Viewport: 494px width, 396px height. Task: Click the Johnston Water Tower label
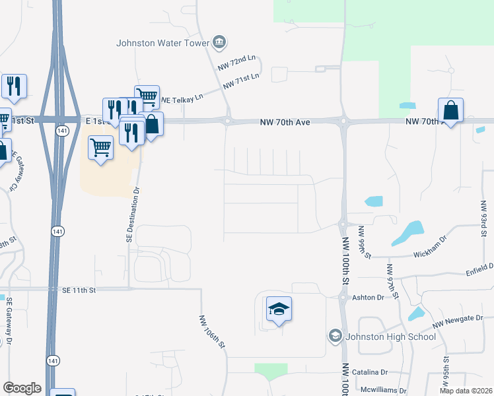point(162,44)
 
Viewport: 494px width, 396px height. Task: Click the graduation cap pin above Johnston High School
point(279,310)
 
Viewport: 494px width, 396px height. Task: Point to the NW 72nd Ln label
point(236,64)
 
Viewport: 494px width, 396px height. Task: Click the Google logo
point(22,388)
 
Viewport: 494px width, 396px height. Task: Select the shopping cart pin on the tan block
point(100,147)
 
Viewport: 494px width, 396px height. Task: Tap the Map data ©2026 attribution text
point(465,391)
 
